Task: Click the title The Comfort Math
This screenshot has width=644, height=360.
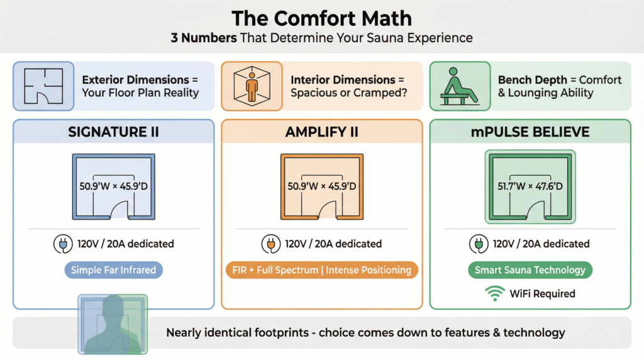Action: [321, 17]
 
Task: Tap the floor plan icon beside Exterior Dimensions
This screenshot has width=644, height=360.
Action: [43, 87]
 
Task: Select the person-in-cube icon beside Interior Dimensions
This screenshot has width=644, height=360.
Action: [251, 86]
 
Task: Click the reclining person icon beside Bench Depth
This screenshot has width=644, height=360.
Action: [460, 87]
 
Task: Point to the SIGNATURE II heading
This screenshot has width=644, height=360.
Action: [113, 132]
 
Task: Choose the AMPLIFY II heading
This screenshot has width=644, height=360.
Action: [321, 132]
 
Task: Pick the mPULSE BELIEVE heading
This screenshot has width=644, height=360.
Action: [530, 132]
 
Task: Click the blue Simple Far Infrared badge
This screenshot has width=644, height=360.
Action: [113, 270]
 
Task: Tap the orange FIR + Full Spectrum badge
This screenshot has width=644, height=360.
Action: [321, 270]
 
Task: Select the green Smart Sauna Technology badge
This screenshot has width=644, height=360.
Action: [530, 270]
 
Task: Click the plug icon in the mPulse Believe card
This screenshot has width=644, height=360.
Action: [478, 244]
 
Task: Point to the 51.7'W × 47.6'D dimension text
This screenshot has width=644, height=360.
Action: [530, 186]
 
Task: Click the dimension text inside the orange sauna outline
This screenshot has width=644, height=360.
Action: [321, 186]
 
